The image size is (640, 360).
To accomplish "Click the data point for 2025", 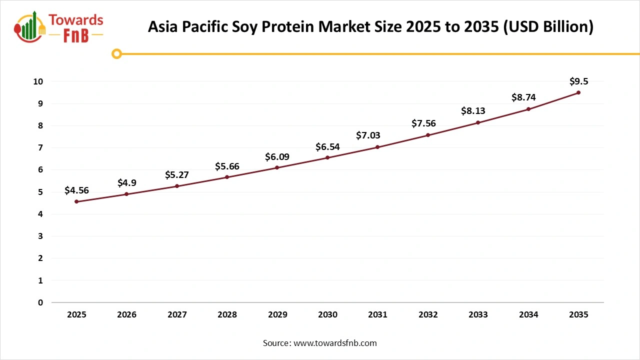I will (x=76, y=201).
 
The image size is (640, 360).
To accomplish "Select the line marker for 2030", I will (x=327, y=157).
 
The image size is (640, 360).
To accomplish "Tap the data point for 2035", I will (x=578, y=92).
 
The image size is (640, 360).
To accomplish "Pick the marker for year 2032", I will (x=428, y=135).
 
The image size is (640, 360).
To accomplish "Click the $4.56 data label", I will (x=76, y=190).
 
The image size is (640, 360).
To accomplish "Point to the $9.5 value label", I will (x=578, y=81).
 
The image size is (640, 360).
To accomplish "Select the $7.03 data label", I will (x=368, y=135).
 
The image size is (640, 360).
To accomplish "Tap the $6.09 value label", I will (x=277, y=157).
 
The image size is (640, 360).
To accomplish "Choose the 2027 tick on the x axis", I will (x=177, y=315).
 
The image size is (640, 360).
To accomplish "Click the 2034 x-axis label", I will (x=528, y=315).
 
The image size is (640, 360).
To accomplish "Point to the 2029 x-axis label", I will (x=277, y=315).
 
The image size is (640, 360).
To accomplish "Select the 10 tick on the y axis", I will (x=38, y=81).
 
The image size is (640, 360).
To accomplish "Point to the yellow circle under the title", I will (x=116, y=53).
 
